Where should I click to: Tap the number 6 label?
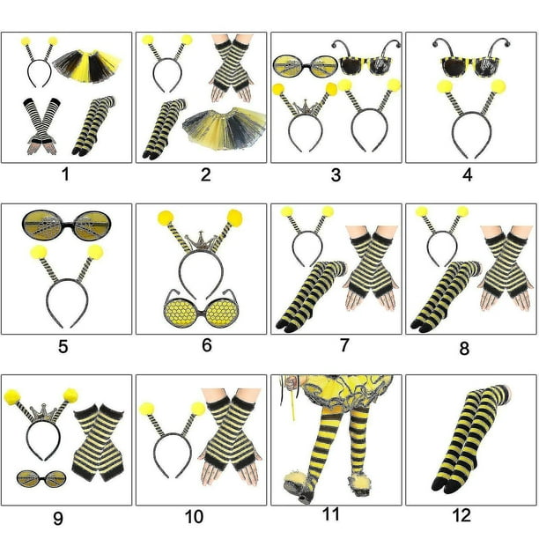(206, 345)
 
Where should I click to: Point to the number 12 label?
(466, 515)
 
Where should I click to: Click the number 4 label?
(468, 174)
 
